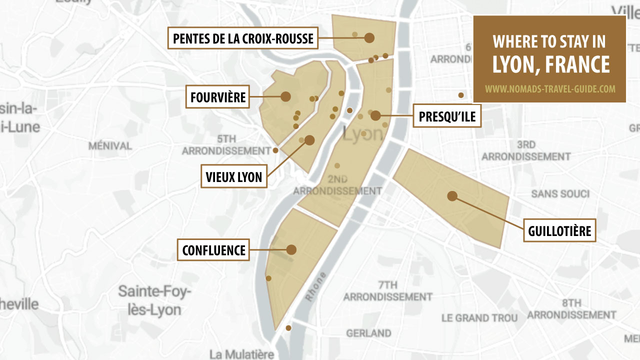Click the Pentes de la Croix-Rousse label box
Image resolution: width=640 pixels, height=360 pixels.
(x=243, y=38)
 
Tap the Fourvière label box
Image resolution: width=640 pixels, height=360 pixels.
(x=218, y=97)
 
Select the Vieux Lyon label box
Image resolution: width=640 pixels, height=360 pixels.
(x=234, y=177)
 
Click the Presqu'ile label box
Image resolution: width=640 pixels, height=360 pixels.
(x=447, y=117)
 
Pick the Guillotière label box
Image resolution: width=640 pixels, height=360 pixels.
(x=559, y=231)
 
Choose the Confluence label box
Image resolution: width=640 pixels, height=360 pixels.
(x=214, y=250)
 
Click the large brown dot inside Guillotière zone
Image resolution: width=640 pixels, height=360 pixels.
(x=452, y=196)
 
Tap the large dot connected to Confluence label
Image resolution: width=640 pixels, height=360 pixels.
(x=291, y=249)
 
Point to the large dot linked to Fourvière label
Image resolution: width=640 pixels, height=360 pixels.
(x=286, y=96)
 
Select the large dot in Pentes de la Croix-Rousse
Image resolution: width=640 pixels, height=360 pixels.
(x=369, y=37)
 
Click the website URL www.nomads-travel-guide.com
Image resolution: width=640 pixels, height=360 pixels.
(x=549, y=89)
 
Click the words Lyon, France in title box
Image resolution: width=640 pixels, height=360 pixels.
(x=550, y=64)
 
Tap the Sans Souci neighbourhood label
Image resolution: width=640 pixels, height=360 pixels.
(x=560, y=193)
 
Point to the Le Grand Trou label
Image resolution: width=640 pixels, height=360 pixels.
(x=479, y=318)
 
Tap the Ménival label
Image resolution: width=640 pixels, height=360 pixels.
(x=110, y=146)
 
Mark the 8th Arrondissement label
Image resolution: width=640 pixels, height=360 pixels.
(x=571, y=309)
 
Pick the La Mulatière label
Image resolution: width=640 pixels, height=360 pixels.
(x=242, y=354)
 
